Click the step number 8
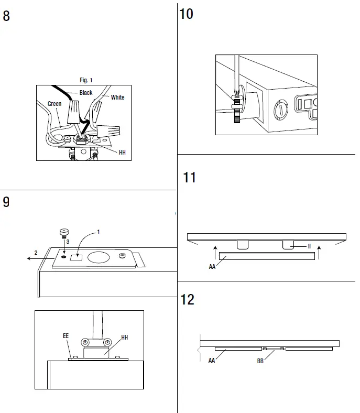click(x=6, y=16)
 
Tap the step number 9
click(x=6, y=202)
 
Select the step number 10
click(x=186, y=14)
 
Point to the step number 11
click(x=189, y=177)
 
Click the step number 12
click(x=187, y=299)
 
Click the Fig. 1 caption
click(x=86, y=80)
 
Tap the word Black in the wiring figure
click(x=86, y=93)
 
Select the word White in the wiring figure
click(x=117, y=97)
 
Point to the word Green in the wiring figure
click(x=54, y=104)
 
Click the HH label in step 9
click(x=124, y=338)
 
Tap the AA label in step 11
click(x=212, y=266)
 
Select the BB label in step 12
click(x=260, y=361)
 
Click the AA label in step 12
click(x=212, y=361)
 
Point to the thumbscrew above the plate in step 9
click(x=63, y=233)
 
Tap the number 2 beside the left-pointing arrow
click(x=36, y=253)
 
